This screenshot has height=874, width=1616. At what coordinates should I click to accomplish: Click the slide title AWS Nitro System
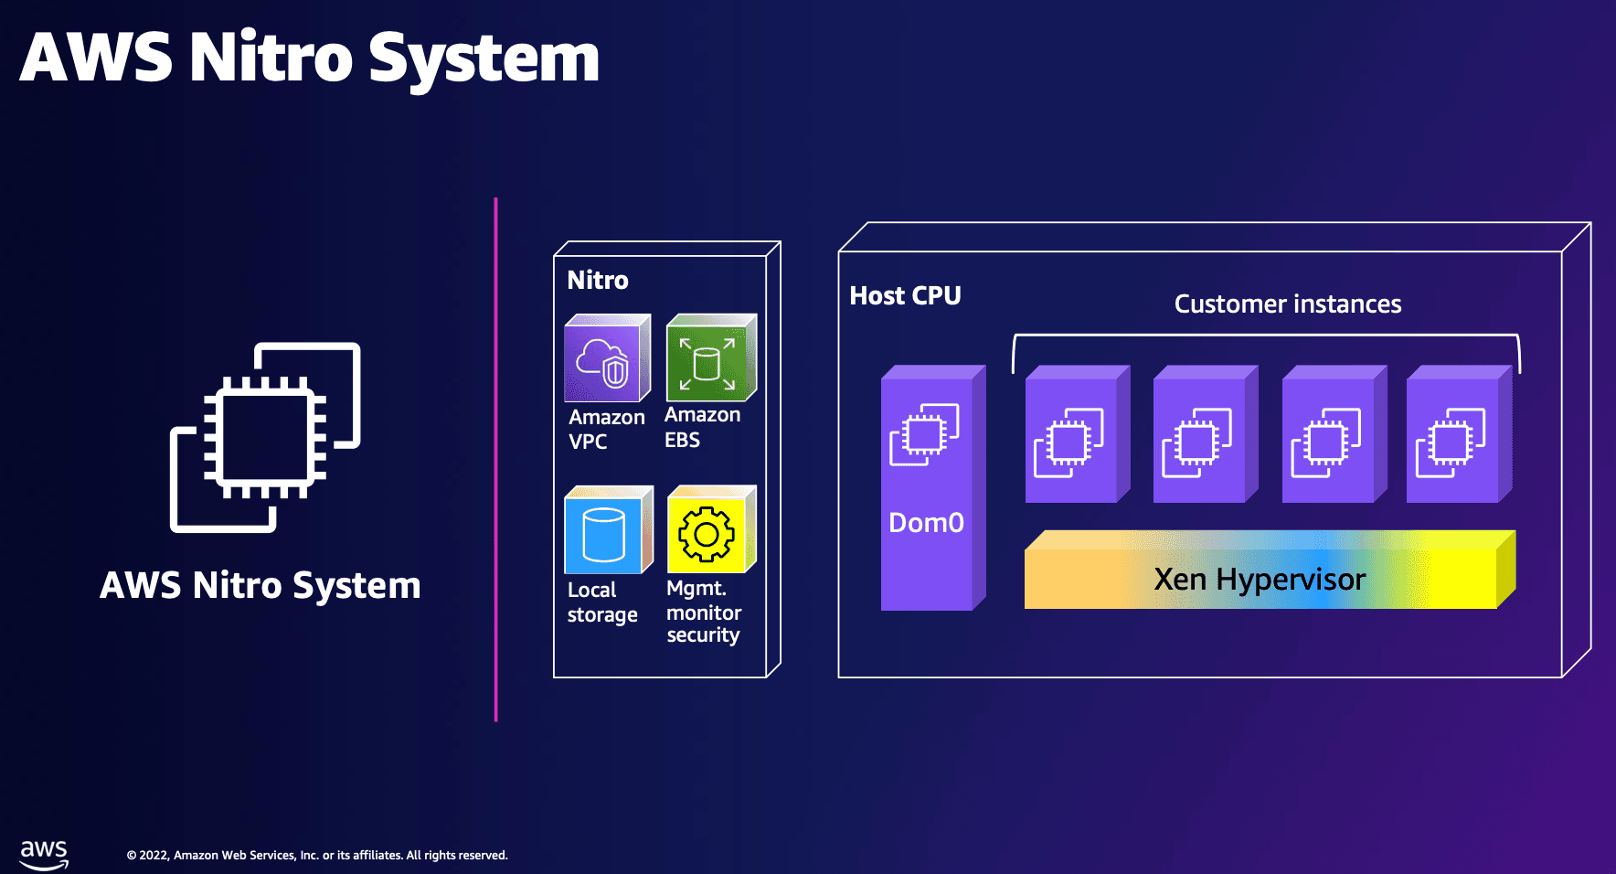click(309, 58)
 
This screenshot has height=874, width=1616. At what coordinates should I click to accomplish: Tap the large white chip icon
click(265, 437)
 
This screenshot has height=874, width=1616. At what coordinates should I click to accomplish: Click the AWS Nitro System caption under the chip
click(260, 585)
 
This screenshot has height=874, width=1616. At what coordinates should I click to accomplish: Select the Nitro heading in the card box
click(598, 280)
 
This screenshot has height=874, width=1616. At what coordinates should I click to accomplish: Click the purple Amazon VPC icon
click(606, 359)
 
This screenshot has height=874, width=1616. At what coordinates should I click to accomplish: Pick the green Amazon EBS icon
click(710, 359)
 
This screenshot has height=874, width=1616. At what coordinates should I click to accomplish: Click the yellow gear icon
click(710, 531)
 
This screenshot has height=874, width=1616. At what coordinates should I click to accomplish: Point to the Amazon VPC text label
click(606, 429)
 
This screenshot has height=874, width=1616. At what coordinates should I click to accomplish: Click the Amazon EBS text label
click(701, 427)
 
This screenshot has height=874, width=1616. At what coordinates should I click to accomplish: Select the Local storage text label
click(602, 602)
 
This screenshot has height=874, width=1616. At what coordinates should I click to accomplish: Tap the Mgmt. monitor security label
click(703, 612)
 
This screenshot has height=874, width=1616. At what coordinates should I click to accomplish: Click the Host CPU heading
click(905, 295)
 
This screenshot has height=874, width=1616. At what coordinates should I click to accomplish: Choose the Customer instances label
click(1287, 304)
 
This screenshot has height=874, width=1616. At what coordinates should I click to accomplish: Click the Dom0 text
click(926, 522)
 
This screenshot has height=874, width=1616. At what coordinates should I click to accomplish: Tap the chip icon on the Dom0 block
click(924, 434)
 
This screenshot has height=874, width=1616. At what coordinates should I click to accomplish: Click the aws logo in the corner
click(44, 854)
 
